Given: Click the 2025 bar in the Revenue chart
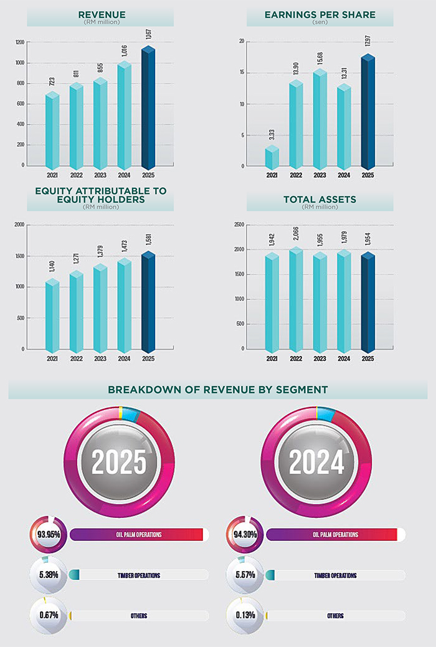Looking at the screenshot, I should tap(148, 109).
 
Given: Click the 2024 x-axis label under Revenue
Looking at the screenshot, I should tap(125, 175).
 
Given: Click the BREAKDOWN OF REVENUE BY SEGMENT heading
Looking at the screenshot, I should tap(217, 390).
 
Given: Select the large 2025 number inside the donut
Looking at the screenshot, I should tap(119, 462).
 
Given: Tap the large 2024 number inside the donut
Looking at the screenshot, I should tap(316, 462).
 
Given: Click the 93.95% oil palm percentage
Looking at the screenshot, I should tap(47, 535).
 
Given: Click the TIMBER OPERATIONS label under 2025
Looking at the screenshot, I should tap(139, 575).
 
